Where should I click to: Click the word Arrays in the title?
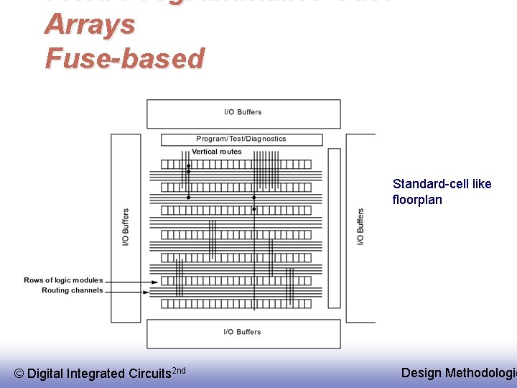tap(89, 24)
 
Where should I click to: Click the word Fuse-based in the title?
tap(124, 58)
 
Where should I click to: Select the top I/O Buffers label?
tap(243, 112)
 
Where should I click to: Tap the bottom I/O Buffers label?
tap(243, 332)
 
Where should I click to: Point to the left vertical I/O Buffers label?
tap(126, 227)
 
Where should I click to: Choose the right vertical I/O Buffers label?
tap(360, 226)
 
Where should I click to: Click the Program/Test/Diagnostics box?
tap(241, 139)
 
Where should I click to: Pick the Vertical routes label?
tap(216, 152)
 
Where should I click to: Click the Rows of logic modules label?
tap(63, 280)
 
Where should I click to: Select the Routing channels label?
tap(72, 290)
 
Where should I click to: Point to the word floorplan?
tap(417, 200)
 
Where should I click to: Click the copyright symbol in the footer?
tap(19, 374)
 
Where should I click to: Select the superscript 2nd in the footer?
tap(180, 370)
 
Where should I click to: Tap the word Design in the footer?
tap(421, 372)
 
